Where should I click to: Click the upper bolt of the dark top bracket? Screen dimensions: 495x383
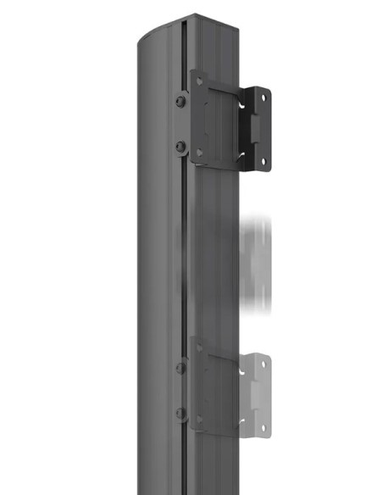coord(180,102)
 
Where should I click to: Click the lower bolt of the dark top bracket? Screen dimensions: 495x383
coord(180,147)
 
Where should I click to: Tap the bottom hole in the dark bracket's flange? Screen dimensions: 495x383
coord(263,159)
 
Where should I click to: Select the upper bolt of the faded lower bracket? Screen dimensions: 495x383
coord(180,368)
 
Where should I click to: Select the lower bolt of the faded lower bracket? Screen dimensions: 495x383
coord(180,413)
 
